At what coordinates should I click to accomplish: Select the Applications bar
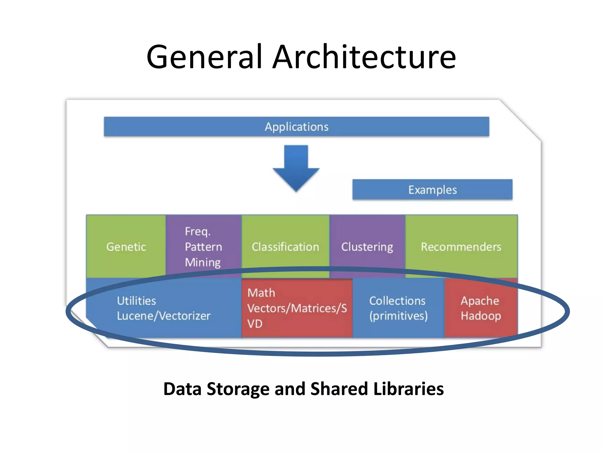click(x=296, y=127)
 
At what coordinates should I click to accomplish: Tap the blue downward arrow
click(x=296, y=168)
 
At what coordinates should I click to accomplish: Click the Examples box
click(x=432, y=190)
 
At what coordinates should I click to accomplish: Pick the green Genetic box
click(x=126, y=247)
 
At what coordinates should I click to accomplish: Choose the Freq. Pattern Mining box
click(x=203, y=247)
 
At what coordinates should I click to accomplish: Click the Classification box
click(x=285, y=247)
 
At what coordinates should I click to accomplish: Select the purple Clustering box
click(x=367, y=247)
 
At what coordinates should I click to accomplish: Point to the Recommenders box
click(x=461, y=247)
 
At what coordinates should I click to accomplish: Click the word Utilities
click(x=136, y=301)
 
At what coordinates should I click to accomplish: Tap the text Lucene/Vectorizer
click(x=163, y=316)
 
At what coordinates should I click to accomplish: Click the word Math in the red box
click(x=261, y=293)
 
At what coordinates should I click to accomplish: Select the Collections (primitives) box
click(x=398, y=308)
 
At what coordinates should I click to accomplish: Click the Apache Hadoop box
click(x=481, y=308)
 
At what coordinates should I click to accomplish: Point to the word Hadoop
click(x=481, y=316)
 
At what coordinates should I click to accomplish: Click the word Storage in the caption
click(x=238, y=389)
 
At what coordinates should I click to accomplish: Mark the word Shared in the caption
click(x=339, y=389)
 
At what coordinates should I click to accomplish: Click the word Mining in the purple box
click(x=203, y=262)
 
